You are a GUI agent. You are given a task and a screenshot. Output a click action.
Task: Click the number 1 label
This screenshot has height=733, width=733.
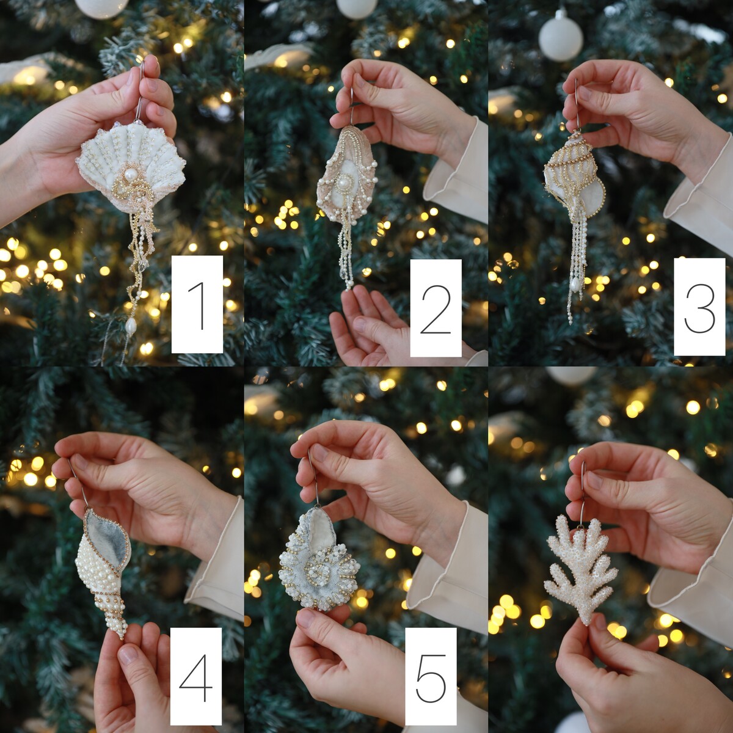pyautogui.click(x=197, y=304)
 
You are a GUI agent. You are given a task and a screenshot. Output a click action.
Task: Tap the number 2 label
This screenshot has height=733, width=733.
pyautogui.click(x=436, y=308)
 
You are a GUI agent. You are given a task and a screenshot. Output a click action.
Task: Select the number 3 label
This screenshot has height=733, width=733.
pyautogui.click(x=699, y=307)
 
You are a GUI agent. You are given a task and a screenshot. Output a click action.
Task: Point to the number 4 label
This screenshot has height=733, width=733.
pyautogui.click(x=195, y=676)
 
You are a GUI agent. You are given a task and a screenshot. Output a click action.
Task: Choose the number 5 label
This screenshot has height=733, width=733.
pyautogui.click(x=431, y=676)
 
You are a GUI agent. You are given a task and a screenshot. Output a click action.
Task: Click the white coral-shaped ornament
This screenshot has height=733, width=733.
pyautogui.click(x=581, y=569)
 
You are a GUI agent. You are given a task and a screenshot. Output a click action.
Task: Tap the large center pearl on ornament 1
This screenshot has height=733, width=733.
pyautogui.click(x=131, y=175)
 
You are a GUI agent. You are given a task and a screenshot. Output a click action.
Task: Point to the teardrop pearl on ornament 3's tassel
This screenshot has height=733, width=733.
pyautogui.click(x=576, y=285)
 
